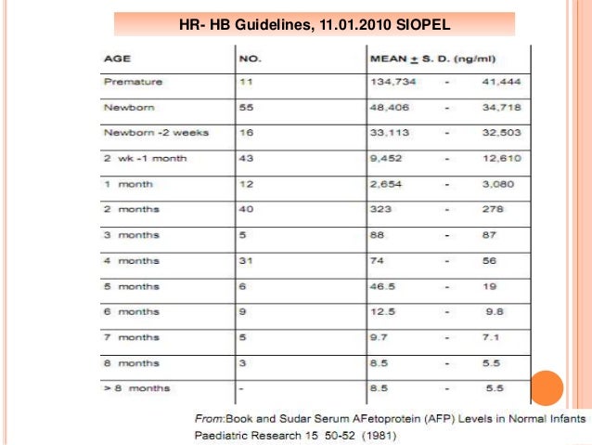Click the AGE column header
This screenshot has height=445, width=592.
point(116,58)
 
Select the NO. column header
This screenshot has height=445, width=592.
point(251,58)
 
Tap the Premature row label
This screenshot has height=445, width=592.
point(133,82)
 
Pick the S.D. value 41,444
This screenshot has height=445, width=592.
point(502,82)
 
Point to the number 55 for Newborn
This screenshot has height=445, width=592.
point(247,107)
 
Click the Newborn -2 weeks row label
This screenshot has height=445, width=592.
point(155,132)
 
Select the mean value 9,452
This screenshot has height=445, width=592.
point(390,158)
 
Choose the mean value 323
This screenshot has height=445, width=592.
point(383,211)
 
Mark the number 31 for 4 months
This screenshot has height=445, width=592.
point(247,262)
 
